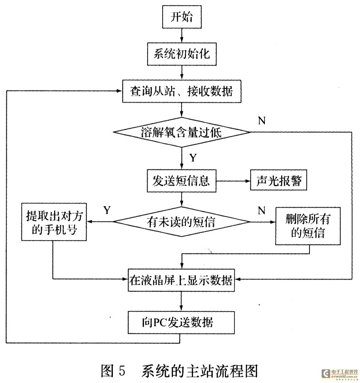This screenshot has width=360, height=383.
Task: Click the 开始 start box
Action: (x=182, y=17)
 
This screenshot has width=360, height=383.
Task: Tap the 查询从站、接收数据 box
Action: (x=182, y=91)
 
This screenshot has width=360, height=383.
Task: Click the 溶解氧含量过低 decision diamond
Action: (x=182, y=132)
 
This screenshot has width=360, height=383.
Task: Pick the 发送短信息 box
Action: (x=182, y=182)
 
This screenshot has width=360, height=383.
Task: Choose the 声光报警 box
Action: (x=278, y=182)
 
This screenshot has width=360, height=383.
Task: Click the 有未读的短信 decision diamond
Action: (x=182, y=222)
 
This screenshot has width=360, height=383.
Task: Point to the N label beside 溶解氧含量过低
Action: (x=261, y=121)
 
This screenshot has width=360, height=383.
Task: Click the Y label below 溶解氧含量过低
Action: (x=193, y=158)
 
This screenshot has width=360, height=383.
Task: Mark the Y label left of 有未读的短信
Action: (x=107, y=210)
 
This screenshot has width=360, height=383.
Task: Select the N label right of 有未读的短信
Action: (x=261, y=210)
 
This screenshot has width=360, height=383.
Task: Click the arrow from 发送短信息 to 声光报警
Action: (x=233, y=182)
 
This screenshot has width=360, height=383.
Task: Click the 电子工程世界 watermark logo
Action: (x=339, y=373)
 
